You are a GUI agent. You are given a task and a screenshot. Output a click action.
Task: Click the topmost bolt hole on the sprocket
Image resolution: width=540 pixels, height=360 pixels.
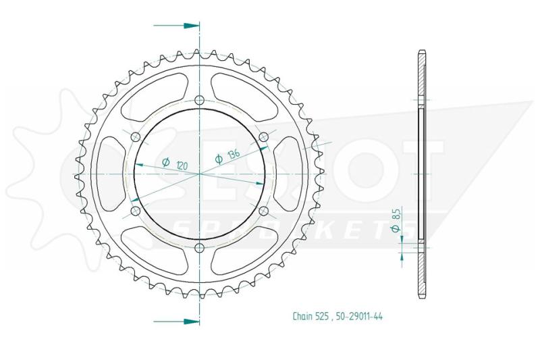[x=199, y=101]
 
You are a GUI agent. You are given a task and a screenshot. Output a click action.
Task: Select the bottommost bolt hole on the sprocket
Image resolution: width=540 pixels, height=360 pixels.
[x=199, y=249]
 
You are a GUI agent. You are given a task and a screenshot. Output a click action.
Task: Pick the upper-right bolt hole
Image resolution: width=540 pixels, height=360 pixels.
[x=263, y=138]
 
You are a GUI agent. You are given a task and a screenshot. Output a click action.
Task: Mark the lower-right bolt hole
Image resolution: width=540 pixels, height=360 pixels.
[x=263, y=211]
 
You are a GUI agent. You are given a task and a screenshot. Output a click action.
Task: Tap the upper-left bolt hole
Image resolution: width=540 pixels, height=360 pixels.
[x=135, y=138]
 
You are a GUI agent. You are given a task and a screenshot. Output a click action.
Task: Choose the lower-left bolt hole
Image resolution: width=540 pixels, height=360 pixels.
[x=135, y=211]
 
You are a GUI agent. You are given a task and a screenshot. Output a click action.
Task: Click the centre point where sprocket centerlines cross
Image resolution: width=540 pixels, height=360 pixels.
[x=199, y=174]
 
